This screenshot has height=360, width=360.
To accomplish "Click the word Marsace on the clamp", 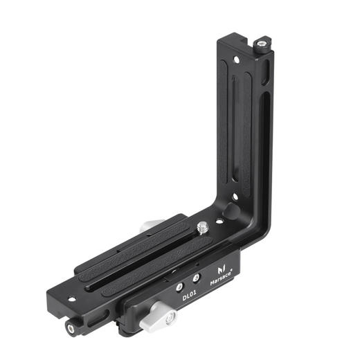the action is point(221,278).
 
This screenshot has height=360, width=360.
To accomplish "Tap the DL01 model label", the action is point(189,296).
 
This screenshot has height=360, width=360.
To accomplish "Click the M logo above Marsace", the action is point(222,269).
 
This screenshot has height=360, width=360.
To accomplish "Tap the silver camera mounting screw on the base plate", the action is point(203,227).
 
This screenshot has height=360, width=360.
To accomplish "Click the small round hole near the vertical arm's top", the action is point(236,60).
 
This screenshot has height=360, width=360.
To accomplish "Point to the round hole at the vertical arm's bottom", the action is point(235,197).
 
